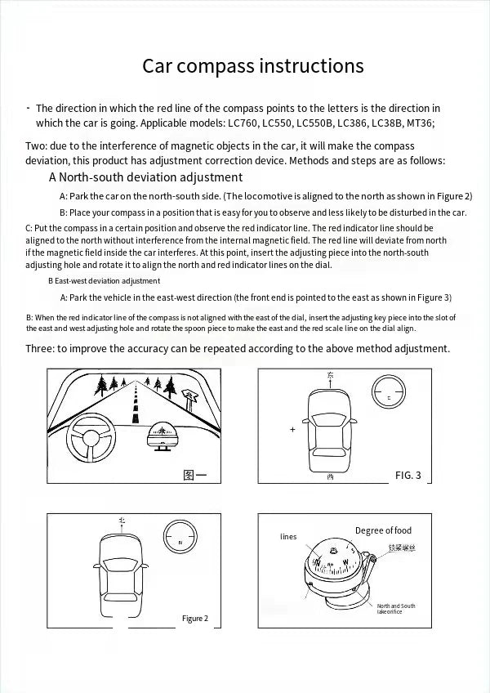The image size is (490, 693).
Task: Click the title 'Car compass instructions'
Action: (253, 65)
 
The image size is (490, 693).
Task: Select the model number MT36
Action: (421, 123)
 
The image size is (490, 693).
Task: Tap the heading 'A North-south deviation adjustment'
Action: (145, 177)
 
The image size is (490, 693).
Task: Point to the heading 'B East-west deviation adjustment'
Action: (104, 280)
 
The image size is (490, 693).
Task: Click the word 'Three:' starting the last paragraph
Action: (40, 348)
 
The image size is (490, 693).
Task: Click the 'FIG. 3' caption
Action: (408, 475)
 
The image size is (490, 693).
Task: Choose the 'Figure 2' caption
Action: (195, 618)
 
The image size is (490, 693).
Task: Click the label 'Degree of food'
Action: (383, 530)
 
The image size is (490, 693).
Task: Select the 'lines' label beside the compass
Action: (288, 537)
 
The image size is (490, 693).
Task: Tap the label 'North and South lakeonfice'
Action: (395, 609)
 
